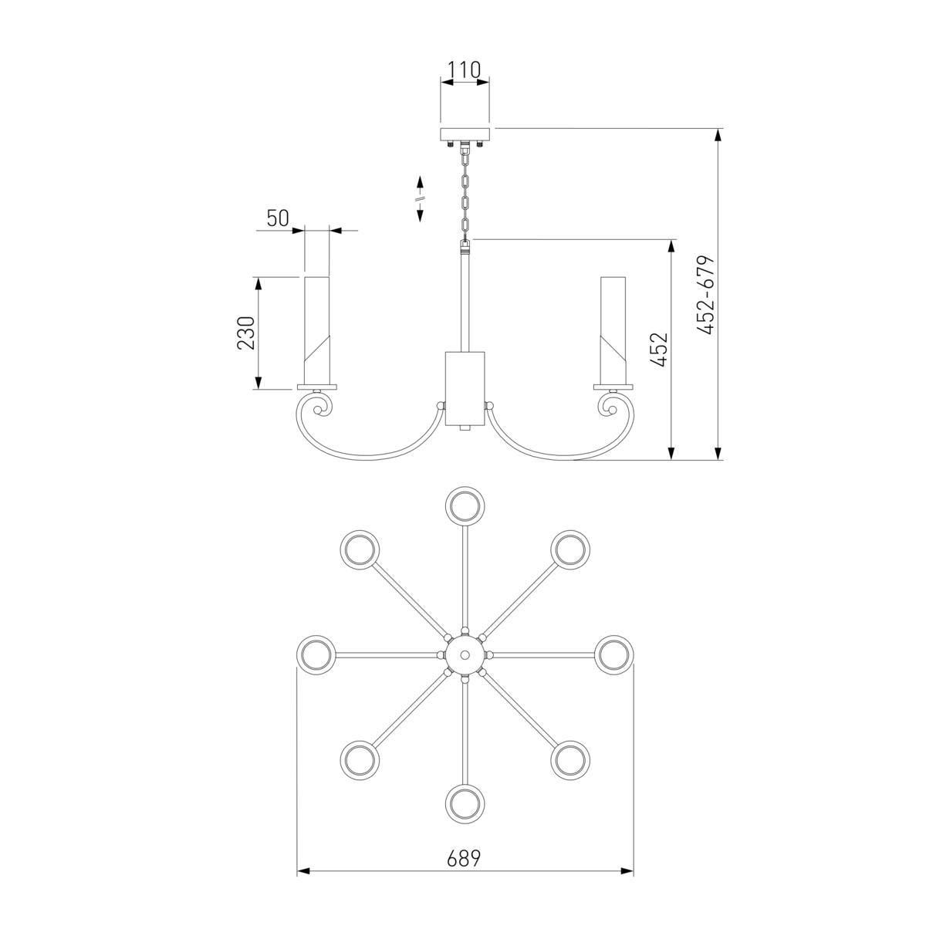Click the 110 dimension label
[x=464, y=70]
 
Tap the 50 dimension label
[x=278, y=218]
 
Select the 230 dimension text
[x=245, y=333]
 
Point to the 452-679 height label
[x=706, y=295]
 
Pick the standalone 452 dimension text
[x=659, y=350]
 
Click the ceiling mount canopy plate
[x=465, y=134]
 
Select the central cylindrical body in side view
[x=465, y=389]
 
